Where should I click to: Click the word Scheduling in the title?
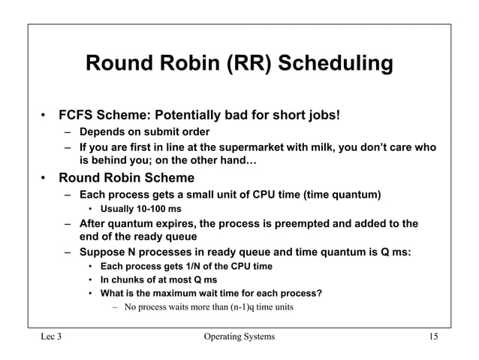(x=336, y=64)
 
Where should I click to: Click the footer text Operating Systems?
(x=239, y=336)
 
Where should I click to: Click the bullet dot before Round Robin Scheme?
(x=44, y=179)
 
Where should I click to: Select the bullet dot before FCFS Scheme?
(x=44, y=116)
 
